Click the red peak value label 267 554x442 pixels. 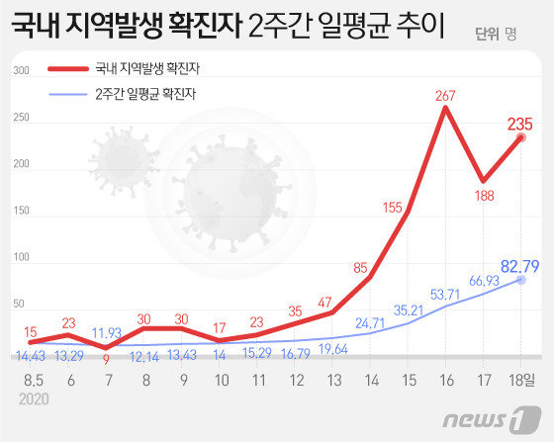(x=444, y=96)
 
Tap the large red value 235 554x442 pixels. (x=519, y=125)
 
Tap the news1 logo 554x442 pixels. (x=491, y=420)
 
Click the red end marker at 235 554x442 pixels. (x=519, y=138)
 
